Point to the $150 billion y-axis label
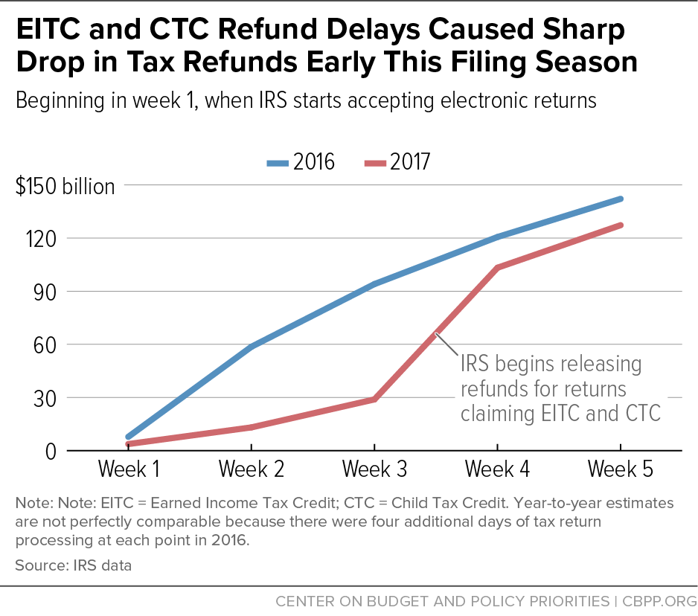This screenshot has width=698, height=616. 65,186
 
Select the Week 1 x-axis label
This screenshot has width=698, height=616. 128,469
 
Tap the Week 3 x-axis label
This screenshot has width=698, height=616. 374,469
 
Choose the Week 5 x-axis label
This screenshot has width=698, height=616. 620,469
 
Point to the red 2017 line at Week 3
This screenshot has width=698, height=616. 374,400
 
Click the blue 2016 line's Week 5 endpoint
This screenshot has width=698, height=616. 620,199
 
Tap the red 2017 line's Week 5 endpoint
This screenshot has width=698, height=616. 620,225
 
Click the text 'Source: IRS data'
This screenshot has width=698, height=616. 73,565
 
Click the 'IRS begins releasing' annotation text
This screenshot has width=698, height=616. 551,365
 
